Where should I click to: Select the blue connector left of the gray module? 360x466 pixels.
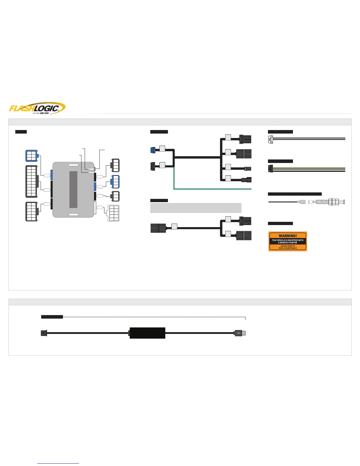(31, 156)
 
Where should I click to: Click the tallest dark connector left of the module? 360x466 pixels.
(31, 181)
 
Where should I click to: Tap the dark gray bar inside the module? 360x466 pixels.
(73, 189)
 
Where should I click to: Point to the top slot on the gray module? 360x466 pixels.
(73, 165)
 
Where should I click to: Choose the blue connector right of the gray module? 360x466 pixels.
(115, 182)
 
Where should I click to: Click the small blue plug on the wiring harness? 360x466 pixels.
(153, 150)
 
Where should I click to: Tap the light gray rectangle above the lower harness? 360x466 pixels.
(196, 208)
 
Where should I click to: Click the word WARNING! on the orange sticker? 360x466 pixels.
(288, 236)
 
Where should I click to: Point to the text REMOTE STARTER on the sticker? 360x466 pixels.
(288, 243)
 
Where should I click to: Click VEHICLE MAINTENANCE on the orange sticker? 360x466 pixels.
(288, 248)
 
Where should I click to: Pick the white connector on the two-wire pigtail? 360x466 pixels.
(271, 139)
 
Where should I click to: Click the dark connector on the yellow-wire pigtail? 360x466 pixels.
(271, 169)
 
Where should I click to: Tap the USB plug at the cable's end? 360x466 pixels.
(240, 333)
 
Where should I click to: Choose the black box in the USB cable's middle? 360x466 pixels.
(147, 333)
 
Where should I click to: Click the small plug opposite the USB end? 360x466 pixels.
(44, 333)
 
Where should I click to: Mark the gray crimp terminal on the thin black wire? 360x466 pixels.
(301, 202)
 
